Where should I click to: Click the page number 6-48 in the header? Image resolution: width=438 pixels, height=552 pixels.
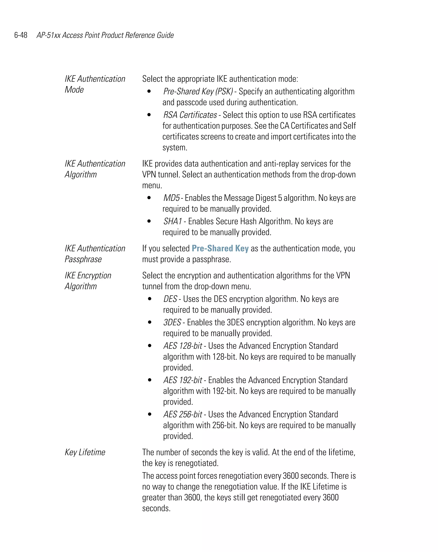click(21, 35)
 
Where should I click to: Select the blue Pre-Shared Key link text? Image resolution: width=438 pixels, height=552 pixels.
click(220, 248)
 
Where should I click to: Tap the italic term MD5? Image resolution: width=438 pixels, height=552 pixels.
click(171, 198)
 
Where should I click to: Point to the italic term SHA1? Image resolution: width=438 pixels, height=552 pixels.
click(173, 221)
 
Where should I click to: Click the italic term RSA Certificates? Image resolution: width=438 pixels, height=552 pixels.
click(190, 115)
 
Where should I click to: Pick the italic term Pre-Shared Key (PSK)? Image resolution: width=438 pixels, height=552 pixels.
click(198, 91)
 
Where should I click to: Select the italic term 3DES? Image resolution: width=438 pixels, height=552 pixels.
click(172, 322)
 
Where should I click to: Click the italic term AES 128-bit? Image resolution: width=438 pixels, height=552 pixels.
click(183, 346)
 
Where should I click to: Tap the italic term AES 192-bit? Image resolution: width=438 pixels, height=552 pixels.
click(183, 380)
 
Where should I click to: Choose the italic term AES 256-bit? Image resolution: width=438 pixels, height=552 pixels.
click(183, 415)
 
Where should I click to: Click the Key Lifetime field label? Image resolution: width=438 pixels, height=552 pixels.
click(85, 452)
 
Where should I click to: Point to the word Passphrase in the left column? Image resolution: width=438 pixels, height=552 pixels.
click(83, 259)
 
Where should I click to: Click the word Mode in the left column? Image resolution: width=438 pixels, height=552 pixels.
click(74, 90)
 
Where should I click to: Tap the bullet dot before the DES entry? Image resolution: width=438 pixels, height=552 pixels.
click(150, 299)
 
